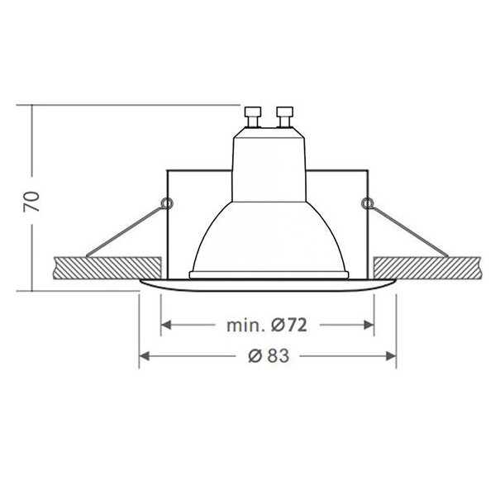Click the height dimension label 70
[31, 201]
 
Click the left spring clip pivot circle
[168, 202]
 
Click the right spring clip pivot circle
[367, 202]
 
